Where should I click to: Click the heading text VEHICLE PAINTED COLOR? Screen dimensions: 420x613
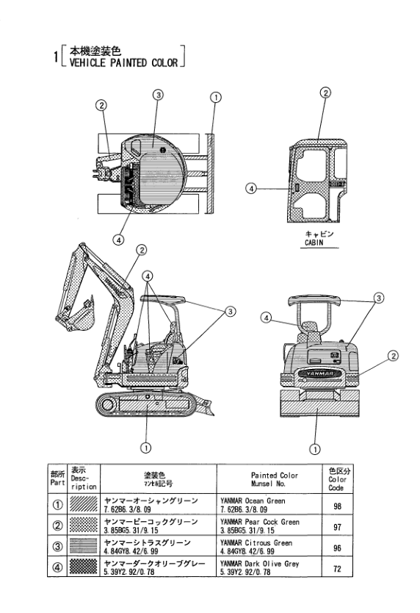click(123, 62)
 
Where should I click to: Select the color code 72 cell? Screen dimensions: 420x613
click(337, 568)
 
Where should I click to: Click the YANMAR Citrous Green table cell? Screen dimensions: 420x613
click(269, 547)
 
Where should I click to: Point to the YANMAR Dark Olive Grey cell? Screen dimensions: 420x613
click(269, 567)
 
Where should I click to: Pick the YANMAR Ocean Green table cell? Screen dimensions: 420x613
click(269, 505)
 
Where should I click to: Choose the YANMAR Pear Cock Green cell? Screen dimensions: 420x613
click(269, 526)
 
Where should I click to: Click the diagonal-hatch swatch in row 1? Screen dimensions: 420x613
click(83, 504)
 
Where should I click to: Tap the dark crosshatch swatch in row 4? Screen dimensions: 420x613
click(83, 567)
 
